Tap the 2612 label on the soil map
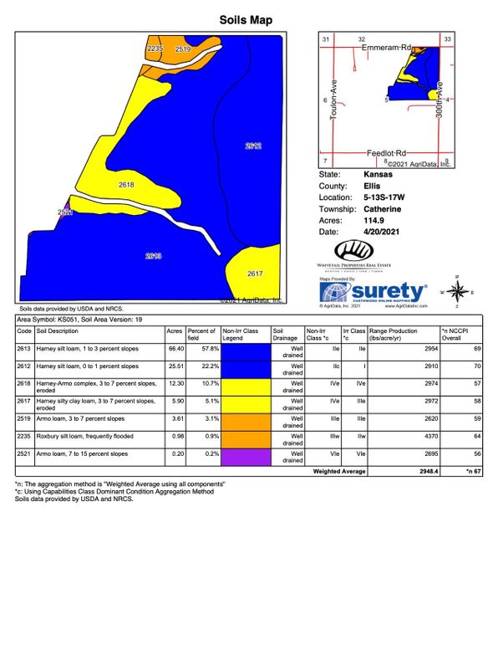click(254, 146)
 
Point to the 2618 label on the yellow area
click(126, 184)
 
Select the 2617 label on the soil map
click(255, 274)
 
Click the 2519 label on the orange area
click(183, 50)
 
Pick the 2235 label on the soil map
click(154, 50)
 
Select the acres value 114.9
click(374, 219)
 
